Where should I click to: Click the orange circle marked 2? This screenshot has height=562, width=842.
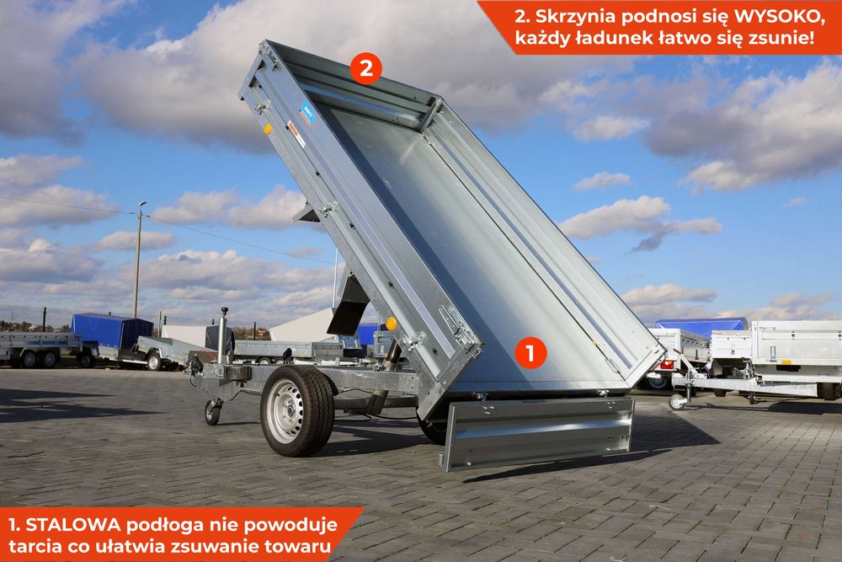365,69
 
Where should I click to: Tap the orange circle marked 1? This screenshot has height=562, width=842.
530,352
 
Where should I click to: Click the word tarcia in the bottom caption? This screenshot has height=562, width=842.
35,548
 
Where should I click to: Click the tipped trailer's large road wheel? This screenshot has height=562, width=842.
296,410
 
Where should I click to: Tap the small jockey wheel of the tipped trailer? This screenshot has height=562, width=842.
212,412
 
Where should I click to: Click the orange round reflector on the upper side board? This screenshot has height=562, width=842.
268,129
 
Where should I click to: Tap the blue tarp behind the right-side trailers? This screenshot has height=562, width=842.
701,324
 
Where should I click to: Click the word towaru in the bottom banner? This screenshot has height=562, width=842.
296,548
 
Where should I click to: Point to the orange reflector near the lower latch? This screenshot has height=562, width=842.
391,324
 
